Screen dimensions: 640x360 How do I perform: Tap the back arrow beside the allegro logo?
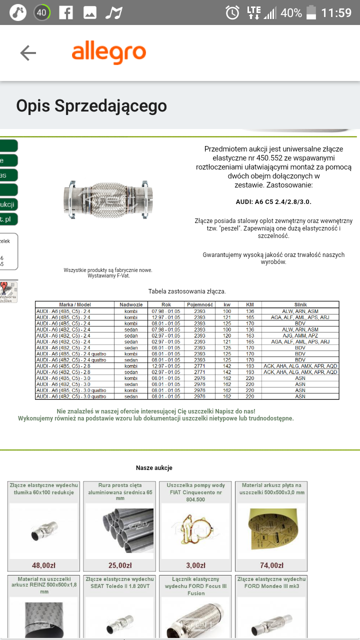point(28,53)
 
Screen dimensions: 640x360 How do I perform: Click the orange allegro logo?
point(109,53)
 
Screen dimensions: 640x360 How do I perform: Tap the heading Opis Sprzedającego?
point(91,106)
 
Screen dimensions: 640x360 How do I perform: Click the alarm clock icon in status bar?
point(232,12)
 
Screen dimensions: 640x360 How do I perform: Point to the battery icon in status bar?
point(311,12)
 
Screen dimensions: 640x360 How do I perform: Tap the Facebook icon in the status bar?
point(65,12)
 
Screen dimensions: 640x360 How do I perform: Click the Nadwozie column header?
point(131,304)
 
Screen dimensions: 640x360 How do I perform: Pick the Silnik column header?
point(300,304)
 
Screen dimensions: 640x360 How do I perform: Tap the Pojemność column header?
point(200,304)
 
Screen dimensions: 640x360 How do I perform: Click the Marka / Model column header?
point(75,304)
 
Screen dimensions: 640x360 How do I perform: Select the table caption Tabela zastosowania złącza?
point(187,291)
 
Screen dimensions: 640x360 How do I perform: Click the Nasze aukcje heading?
point(154,468)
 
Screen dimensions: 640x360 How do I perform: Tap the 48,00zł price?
point(43,565)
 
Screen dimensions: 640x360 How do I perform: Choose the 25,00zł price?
point(119,565)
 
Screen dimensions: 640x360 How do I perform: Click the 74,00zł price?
point(271,565)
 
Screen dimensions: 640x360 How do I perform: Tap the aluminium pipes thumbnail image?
point(119,530)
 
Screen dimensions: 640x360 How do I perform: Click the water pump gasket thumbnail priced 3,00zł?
point(195,530)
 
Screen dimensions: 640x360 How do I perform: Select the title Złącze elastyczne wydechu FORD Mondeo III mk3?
point(271,582)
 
